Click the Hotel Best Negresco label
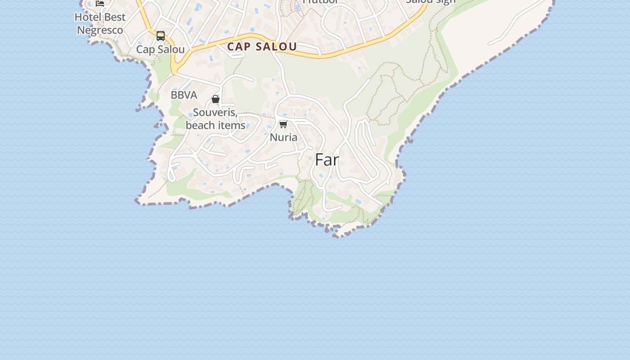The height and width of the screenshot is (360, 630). [99, 23]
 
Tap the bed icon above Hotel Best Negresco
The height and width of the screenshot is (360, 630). [100, 3]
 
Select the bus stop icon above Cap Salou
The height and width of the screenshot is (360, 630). [161, 36]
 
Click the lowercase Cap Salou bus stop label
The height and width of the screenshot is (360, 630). [160, 49]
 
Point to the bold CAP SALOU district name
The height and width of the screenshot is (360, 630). [262, 47]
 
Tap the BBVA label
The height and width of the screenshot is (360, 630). [184, 95]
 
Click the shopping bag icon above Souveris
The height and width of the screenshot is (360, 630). [216, 99]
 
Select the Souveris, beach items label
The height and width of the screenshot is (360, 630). [216, 119]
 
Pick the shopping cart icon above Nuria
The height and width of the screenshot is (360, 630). [283, 124]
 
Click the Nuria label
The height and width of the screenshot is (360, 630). [283, 137]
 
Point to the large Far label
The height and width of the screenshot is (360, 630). [327, 160]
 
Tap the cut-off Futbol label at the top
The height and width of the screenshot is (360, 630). [320, 2]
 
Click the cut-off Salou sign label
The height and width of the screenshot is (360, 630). [431, 2]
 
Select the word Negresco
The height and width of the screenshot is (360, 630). [100, 30]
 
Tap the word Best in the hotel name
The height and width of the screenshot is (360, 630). [114, 17]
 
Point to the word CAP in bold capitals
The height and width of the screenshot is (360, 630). [239, 47]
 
